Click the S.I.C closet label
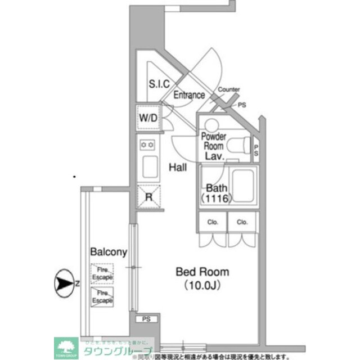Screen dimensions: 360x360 (x=159, y=84)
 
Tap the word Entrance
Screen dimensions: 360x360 (x=188, y=95)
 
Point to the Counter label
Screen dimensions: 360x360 (x=228, y=89)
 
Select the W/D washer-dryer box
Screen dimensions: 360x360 (x=148, y=118)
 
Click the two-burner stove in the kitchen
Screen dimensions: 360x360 (x=148, y=145)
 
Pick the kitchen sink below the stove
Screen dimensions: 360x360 (x=149, y=167)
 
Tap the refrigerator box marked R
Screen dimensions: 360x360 (x=148, y=196)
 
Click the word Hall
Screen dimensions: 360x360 (x=178, y=167)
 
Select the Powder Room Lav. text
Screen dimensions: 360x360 (x=214, y=146)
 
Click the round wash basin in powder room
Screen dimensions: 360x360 (x=211, y=125)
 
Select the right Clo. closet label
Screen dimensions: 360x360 (x=242, y=222)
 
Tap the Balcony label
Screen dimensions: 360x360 (x=108, y=253)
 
